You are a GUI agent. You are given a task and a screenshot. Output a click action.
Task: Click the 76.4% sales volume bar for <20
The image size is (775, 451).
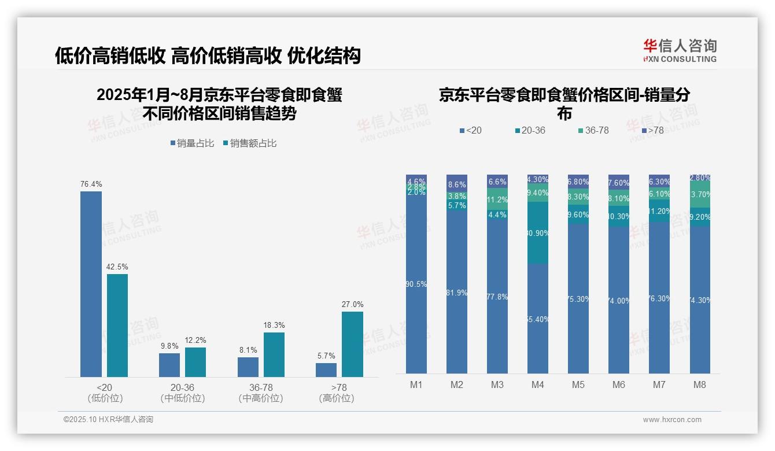pos(91,284)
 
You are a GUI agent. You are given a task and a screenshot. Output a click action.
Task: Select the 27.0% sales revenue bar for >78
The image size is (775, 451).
pos(352,344)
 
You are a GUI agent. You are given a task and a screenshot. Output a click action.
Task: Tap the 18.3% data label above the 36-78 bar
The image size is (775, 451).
pos(274,326)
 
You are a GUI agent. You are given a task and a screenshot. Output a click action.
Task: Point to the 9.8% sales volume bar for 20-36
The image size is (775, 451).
pos(169,365)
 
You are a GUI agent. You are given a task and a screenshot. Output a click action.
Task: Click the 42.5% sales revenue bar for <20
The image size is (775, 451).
pos(117,326)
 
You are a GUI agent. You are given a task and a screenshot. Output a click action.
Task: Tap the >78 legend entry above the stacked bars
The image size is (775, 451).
pos(652,131)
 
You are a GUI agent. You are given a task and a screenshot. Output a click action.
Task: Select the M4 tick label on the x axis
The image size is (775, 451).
pos(537,385)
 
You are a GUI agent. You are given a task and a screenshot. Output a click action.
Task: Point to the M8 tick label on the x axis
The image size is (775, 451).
pos(700,385)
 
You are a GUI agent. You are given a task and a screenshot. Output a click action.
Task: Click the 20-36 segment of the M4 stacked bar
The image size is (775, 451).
pos(538,233)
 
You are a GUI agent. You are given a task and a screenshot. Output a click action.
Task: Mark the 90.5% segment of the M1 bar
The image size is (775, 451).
pos(416,284)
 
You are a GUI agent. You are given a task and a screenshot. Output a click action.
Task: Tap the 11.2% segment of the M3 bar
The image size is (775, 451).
pos(497,200)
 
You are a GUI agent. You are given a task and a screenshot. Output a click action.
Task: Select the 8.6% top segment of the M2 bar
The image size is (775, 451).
pos(457,183)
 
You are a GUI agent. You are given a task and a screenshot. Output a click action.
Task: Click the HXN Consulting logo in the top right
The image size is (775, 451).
pos(680,50)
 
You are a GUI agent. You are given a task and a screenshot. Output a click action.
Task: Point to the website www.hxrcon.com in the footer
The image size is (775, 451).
pos(672,420)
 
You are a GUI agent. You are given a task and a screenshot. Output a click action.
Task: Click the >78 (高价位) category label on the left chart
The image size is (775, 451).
pos(336,393)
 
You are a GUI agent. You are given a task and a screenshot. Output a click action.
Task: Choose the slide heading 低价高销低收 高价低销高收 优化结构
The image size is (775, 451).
pos(208,56)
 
